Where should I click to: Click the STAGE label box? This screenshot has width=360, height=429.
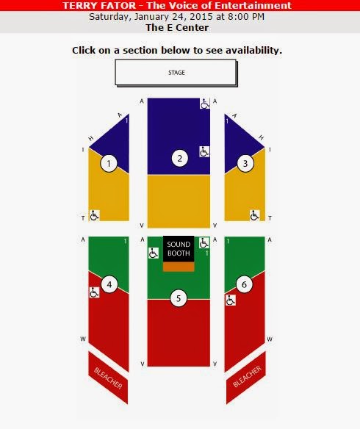(176, 72)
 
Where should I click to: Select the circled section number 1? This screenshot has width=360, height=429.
(109, 163)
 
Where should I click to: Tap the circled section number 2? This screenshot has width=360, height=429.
(180, 158)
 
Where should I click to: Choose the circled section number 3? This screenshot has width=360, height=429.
(245, 163)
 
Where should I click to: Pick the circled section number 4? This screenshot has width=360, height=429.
(109, 284)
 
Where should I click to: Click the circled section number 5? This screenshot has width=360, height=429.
(179, 298)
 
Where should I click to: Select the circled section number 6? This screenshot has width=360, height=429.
(244, 284)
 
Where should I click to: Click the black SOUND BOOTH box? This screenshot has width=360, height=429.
(179, 249)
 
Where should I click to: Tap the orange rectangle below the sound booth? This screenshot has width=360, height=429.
(179, 267)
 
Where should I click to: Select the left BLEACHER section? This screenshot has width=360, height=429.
(108, 378)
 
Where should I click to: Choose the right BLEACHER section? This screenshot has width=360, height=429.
(246, 378)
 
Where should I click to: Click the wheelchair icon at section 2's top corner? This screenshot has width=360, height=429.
(205, 104)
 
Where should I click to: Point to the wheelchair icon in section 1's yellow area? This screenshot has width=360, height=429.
(94, 215)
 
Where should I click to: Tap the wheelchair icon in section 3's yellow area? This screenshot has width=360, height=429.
(255, 215)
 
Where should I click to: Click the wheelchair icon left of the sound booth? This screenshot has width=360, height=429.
(154, 253)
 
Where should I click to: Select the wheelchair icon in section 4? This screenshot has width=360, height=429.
(94, 292)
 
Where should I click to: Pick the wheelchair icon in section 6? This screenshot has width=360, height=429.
(231, 300)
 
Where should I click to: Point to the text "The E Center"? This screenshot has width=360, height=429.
(177, 28)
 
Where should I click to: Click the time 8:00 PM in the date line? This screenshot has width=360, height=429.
(246, 17)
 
